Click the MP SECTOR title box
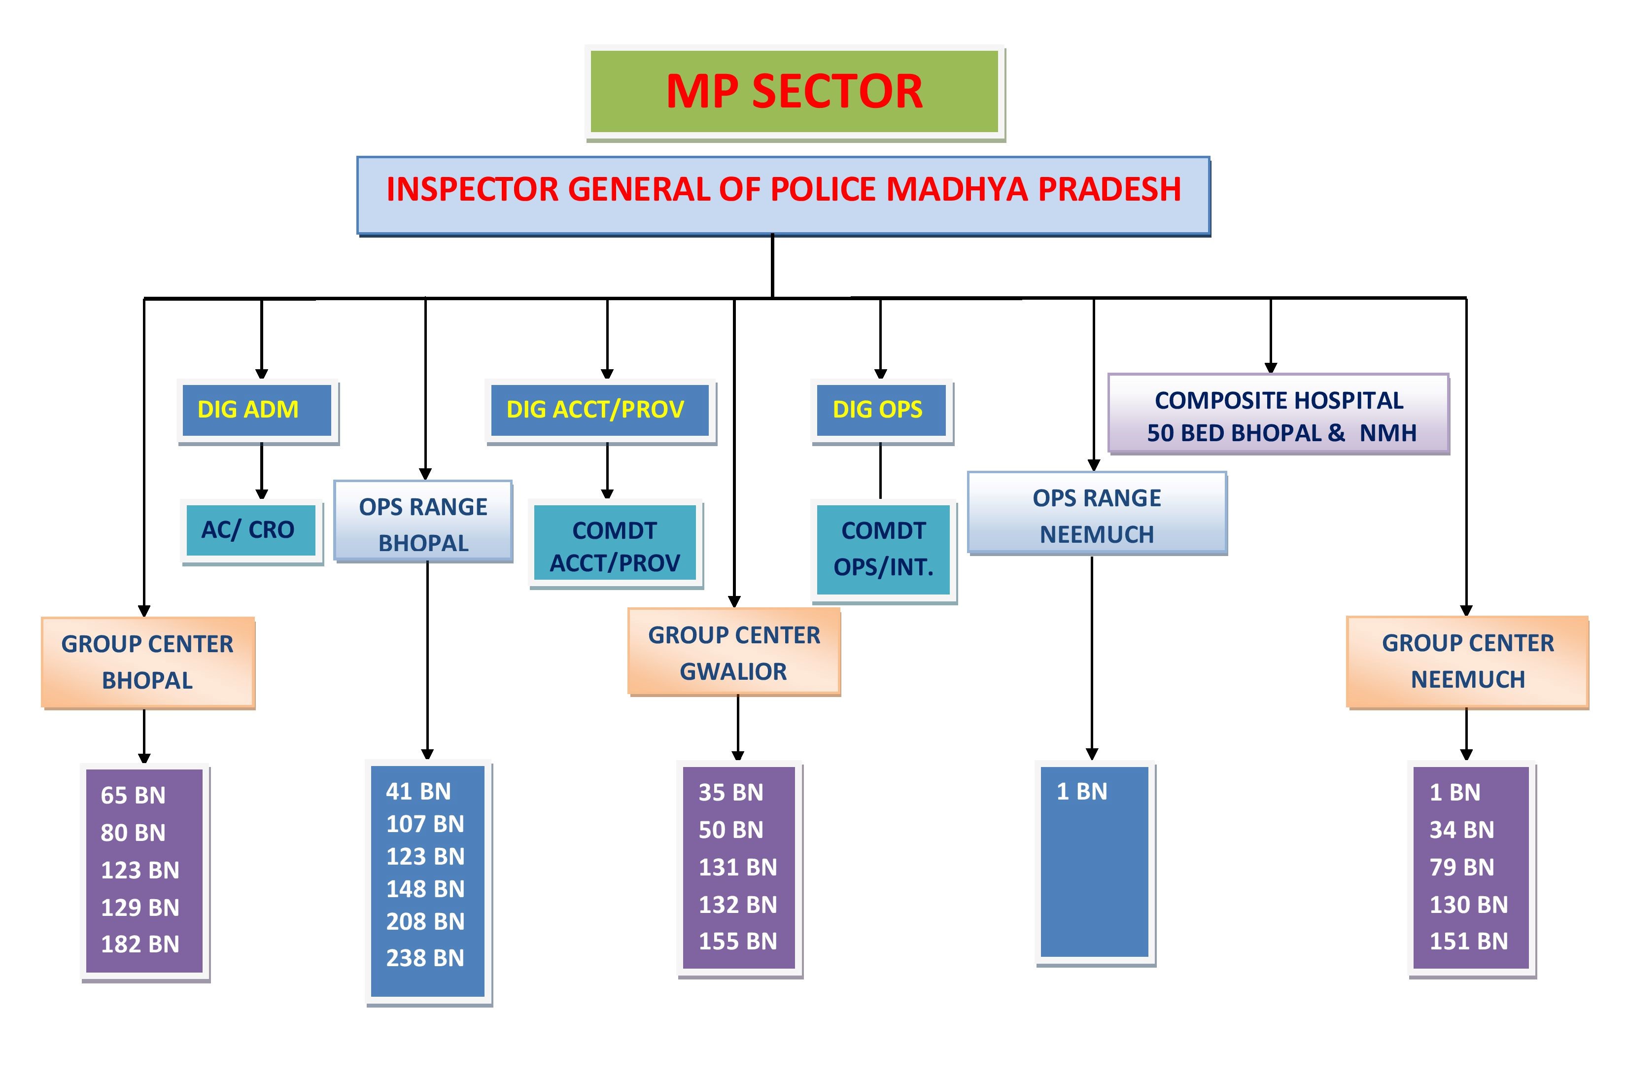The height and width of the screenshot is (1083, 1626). (794, 91)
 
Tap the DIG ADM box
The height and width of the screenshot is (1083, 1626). (257, 410)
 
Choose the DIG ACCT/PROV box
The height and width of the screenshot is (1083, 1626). (599, 410)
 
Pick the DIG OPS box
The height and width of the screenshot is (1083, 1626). (881, 410)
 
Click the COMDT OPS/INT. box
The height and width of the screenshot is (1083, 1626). (883, 549)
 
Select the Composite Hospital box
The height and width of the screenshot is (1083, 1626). (1279, 415)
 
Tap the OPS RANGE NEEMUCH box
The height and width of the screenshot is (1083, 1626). (1097, 515)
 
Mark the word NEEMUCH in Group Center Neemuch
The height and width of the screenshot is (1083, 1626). (1467, 680)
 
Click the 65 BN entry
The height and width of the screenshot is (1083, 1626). (133, 795)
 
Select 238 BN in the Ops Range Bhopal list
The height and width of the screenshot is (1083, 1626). (425, 958)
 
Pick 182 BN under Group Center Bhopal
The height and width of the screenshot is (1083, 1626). (140, 943)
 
